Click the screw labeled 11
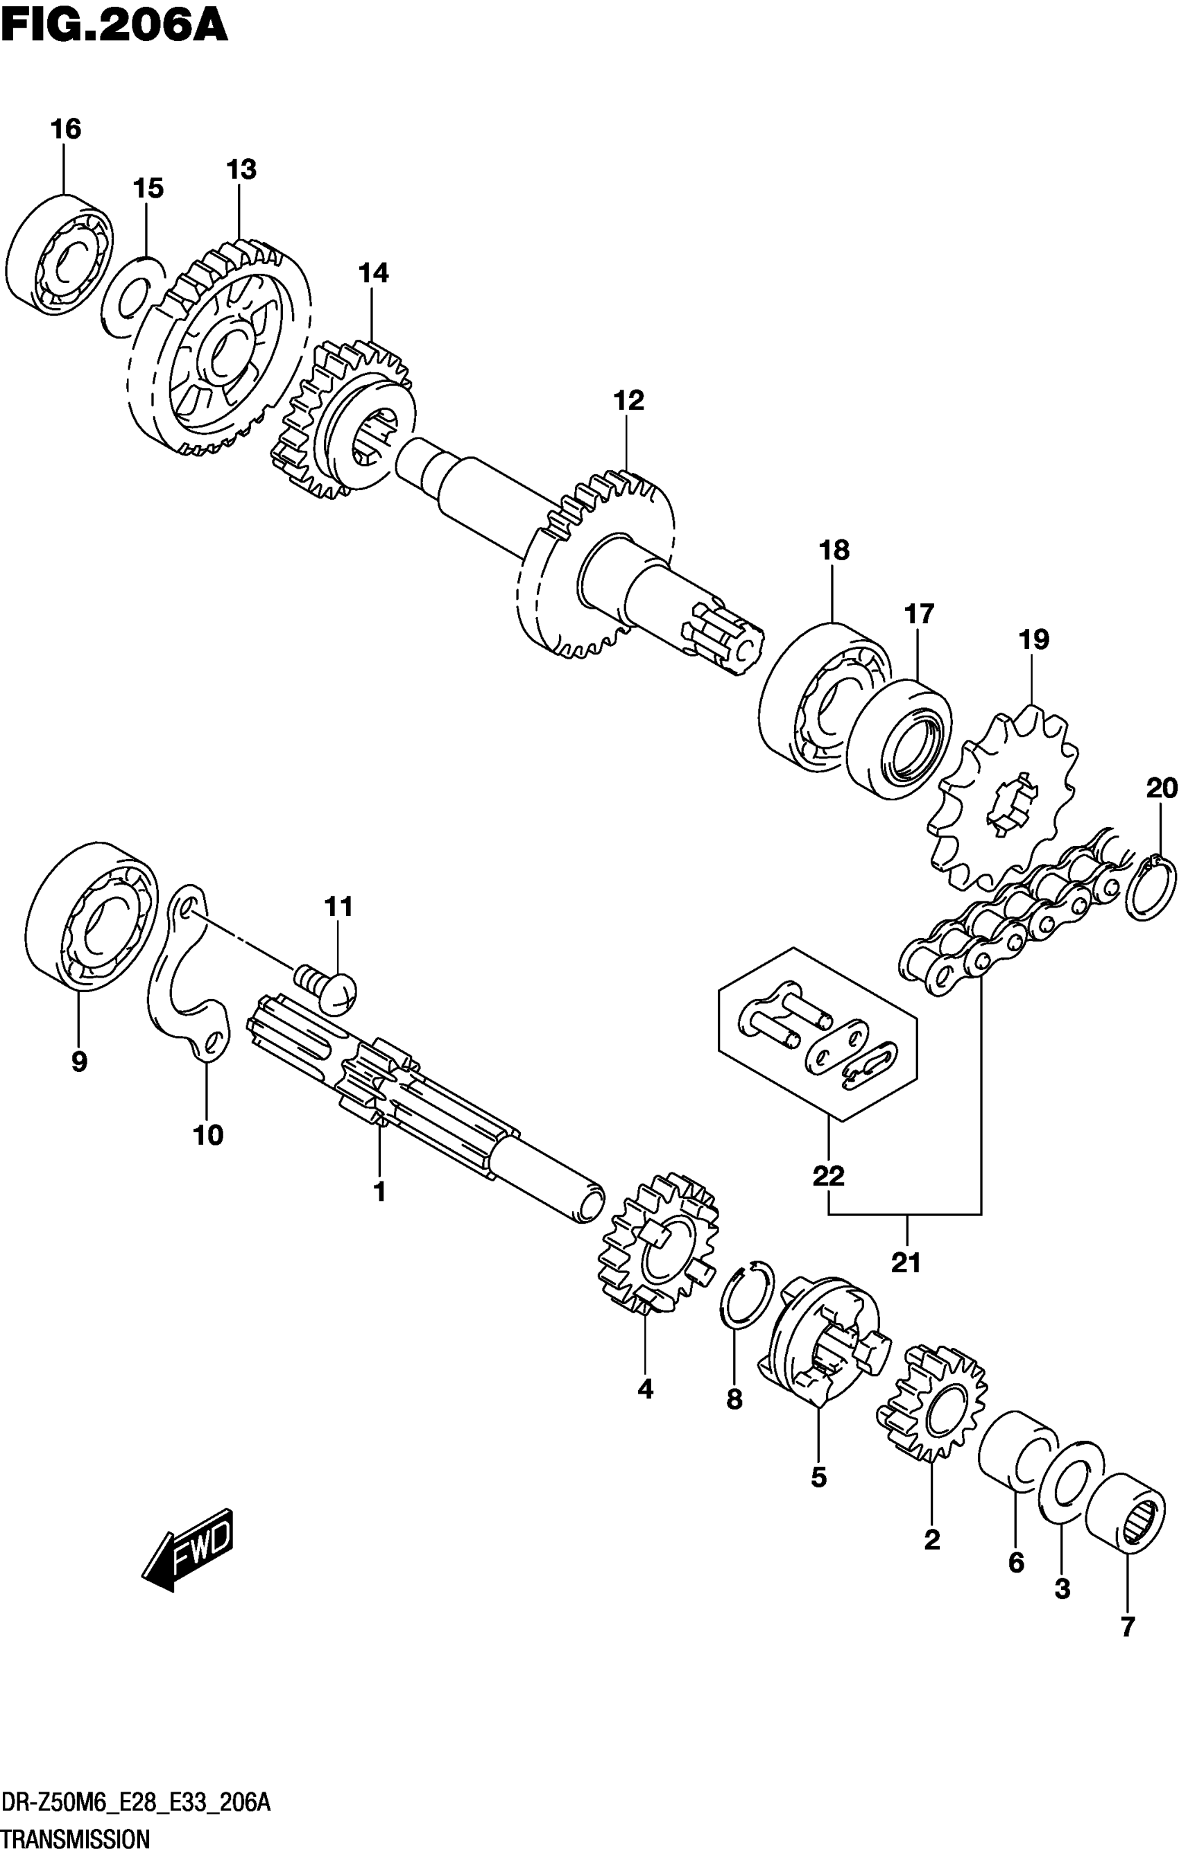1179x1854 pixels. tap(327, 989)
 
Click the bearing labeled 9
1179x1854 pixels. tap(92, 916)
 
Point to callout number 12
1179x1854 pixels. tap(628, 400)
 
